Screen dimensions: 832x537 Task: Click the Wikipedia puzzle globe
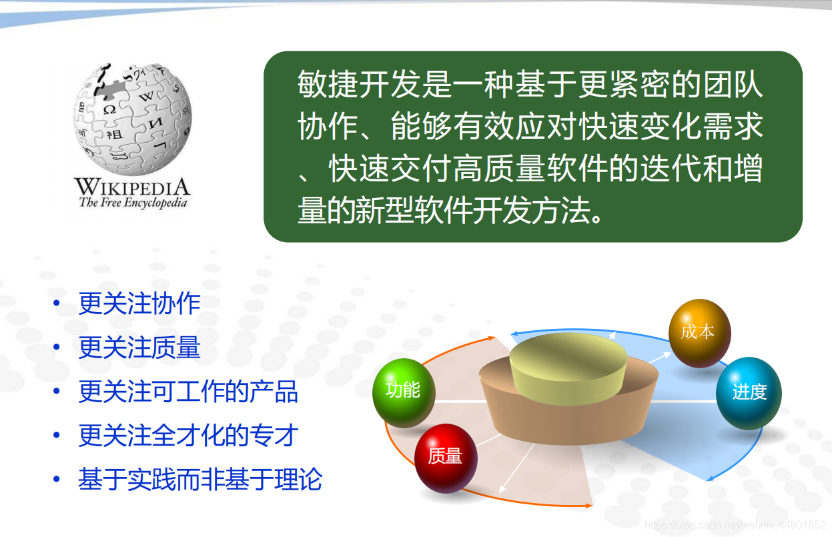(x=133, y=119)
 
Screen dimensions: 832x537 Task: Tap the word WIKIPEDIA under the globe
(x=133, y=186)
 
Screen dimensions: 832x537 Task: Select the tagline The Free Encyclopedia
(x=133, y=203)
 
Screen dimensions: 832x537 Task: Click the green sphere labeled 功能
(x=404, y=392)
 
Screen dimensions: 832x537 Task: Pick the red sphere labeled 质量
(x=446, y=458)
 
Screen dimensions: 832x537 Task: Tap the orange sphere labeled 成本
(x=699, y=333)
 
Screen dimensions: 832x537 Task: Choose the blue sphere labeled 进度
(x=749, y=393)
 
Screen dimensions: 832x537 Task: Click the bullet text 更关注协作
(x=139, y=304)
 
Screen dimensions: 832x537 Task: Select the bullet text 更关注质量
(x=139, y=348)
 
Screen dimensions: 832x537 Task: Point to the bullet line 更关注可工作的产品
(x=188, y=392)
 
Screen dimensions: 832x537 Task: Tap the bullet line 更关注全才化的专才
(x=188, y=435)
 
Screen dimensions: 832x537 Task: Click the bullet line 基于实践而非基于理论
(x=200, y=479)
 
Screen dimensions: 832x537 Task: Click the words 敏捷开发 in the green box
(x=360, y=84)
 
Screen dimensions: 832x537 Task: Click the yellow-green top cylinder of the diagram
(x=568, y=368)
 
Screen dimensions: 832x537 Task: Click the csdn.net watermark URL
(x=735, y=524)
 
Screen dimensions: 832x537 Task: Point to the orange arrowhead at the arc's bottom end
(x=588, y=506)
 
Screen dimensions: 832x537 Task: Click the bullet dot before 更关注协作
(x=57, y=304)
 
